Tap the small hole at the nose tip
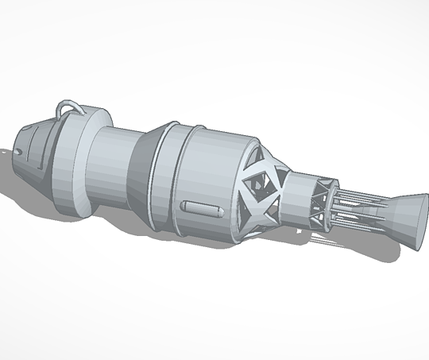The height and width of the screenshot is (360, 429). [x=18, y=149]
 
